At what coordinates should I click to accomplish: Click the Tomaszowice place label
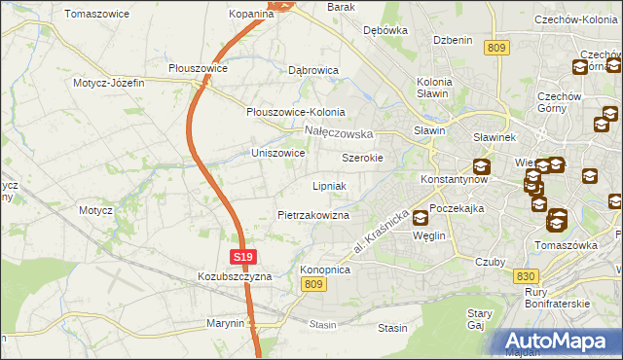(98, 14)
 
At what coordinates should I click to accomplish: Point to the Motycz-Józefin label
(108, 83)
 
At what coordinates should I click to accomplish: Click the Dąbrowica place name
(312, 70)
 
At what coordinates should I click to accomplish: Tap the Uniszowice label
(278, 153)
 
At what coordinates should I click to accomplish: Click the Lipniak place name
(330, 185)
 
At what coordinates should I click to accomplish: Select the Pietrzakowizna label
(312, 214)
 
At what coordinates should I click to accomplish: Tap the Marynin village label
(224, 322)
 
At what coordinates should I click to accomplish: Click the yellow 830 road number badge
(525, 275)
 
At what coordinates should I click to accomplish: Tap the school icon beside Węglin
(420, 218)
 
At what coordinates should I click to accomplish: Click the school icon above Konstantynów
(481, 166)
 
